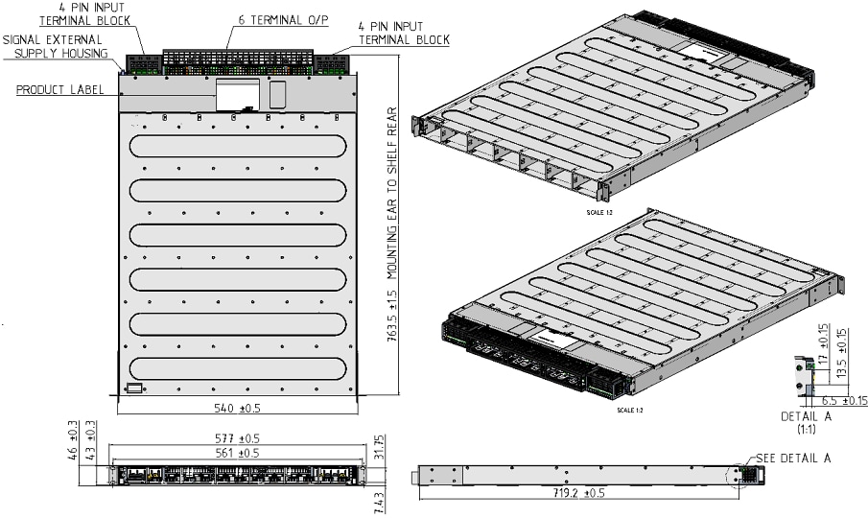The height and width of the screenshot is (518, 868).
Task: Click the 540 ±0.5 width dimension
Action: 237,408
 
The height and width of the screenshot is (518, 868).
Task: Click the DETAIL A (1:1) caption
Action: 800,423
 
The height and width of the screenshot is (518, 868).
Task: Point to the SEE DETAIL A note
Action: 793,458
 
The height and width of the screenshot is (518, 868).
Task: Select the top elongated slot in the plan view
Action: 237,147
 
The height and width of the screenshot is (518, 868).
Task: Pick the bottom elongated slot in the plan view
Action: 237,368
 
